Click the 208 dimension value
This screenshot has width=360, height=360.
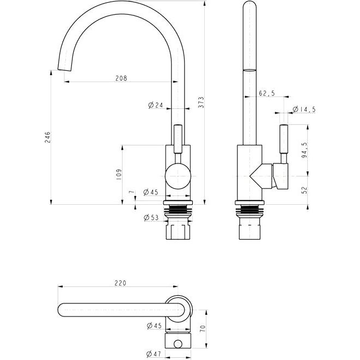coord(121,78)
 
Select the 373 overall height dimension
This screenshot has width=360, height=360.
coord(200,102)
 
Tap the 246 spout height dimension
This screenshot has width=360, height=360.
coord(47,137)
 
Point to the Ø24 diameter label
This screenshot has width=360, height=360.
coord(156,105)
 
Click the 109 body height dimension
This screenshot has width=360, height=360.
coord(119,174)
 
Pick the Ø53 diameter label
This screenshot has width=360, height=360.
coord(151,217)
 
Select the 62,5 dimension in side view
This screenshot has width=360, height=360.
coord(267,93)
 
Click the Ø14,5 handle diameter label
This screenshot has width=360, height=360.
coord(304,109)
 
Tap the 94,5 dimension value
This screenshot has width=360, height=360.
coord(304,150)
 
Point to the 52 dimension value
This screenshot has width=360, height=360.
coord(304,190)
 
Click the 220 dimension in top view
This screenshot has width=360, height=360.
coord(120,283)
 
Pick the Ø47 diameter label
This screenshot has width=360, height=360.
coord(154,354)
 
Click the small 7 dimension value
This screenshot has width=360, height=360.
coord(131,192)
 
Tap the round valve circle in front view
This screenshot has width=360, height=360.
coord(178,176)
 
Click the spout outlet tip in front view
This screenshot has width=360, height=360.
coord(64,70)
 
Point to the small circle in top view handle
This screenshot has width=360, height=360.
coord(178,344)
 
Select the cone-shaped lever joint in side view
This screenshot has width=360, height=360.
coord(261,176)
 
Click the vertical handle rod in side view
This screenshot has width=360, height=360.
coord(284,139)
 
